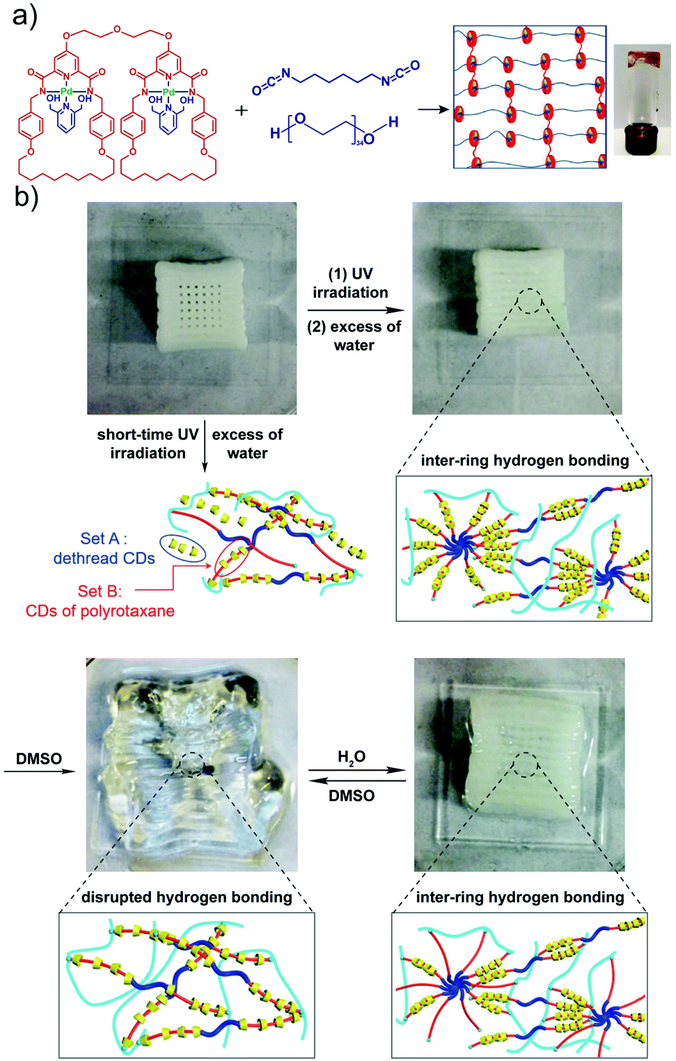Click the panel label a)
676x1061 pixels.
point(24,15)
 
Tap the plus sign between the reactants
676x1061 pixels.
point(242,110)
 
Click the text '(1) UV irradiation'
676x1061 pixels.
point(350,283)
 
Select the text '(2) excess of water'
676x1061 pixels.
point(354,336)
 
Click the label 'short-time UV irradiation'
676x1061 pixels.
point(148,443)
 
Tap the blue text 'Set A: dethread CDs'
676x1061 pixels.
point(104,548)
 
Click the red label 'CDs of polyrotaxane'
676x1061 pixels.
point(100,611)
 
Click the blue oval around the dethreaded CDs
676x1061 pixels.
point(182,548)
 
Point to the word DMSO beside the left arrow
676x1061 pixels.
point(39,759)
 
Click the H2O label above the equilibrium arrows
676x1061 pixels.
point(352,757)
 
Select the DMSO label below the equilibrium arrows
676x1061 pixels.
point(352,796)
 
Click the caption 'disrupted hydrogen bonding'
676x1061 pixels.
point(187,897)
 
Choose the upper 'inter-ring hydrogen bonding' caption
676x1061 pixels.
point(524,460)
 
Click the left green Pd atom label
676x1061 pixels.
point(66,92)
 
